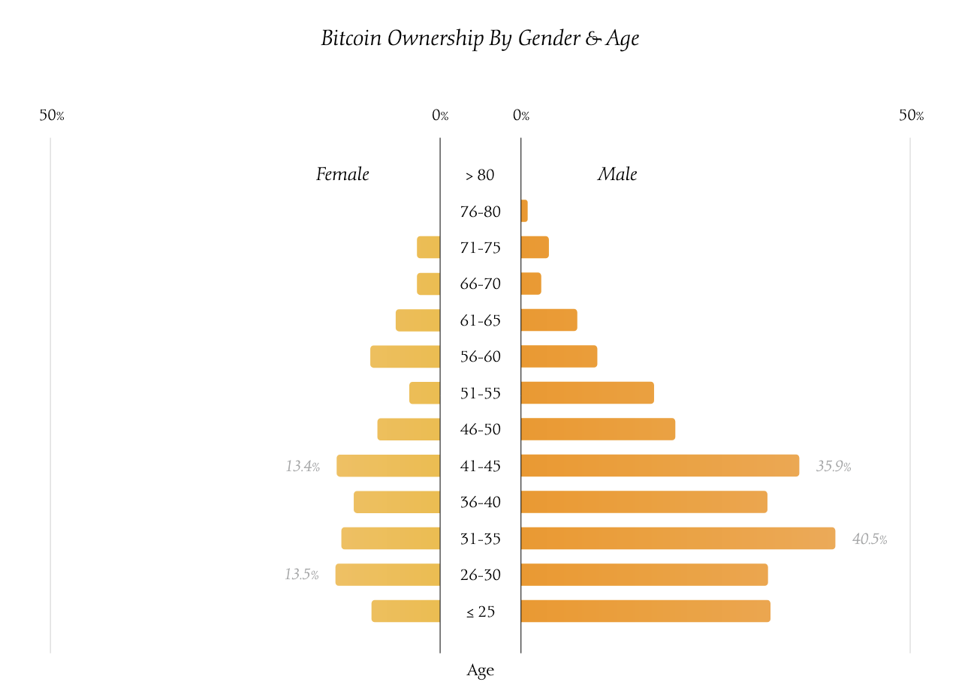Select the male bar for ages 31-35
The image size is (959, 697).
(x=677, y=538)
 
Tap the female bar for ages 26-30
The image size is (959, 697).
(x=388, y=575)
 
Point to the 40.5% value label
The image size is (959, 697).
(x=870, y=539)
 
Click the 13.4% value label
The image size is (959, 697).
(x=303, y=467)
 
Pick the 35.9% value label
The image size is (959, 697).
(x=834, y=467)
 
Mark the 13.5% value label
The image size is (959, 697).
(x=302, y=575)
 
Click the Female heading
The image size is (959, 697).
(x=342, y=175)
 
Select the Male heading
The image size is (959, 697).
(x=617, y=175)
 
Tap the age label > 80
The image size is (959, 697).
(x=480, y=176)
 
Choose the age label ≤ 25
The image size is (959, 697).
(x=480, y=612)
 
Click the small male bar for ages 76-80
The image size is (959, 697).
(x=524, y=211)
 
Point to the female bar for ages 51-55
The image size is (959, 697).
(x=424, y=393)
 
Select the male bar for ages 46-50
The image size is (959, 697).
(x=598, y=429)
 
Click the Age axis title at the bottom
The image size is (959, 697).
(x=480, y=671)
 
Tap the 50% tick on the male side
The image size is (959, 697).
(x=911, y=116)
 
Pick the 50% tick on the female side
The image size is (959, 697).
(x=52, y=116)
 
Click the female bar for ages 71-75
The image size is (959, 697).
(x=428, y=248)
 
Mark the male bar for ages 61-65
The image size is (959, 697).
(x=549, y=320)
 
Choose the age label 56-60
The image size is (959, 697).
(x=480, y=357)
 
